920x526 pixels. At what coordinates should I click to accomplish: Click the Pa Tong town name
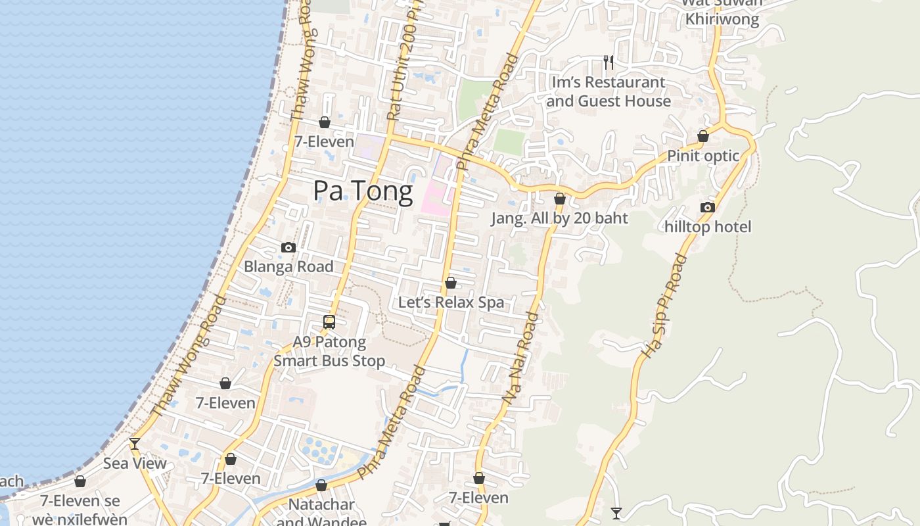coord(363,191)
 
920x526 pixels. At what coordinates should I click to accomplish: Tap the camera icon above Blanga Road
coord(288,248)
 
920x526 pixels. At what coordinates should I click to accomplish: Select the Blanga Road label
coord(288,266)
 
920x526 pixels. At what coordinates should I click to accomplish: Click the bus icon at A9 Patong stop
coord(329,322)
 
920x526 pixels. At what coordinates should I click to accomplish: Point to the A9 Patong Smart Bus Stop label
coord(329,351)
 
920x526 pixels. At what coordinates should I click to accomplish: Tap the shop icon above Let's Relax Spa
coord(451,283)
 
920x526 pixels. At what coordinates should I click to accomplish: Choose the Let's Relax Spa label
coord(451,302)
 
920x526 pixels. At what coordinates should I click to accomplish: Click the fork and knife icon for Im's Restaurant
coord(609,62)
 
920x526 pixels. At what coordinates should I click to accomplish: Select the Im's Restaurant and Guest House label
coord(609,91)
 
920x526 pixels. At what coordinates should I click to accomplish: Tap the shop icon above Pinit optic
coord(703,137)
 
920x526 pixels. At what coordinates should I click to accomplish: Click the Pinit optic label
coord(703,156)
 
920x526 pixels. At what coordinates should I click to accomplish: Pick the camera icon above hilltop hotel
coord(708,208)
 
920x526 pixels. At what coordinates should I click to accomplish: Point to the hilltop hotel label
coord(708,227)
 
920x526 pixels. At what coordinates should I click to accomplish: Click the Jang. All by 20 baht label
coord(560,218)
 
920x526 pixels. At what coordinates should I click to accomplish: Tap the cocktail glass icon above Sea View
coord(135,444)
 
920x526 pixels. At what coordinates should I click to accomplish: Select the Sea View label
coord(135,463)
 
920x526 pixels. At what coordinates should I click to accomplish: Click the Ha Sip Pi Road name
coord(664,306)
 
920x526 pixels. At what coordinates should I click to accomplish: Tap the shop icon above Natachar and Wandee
coord(321,486)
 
